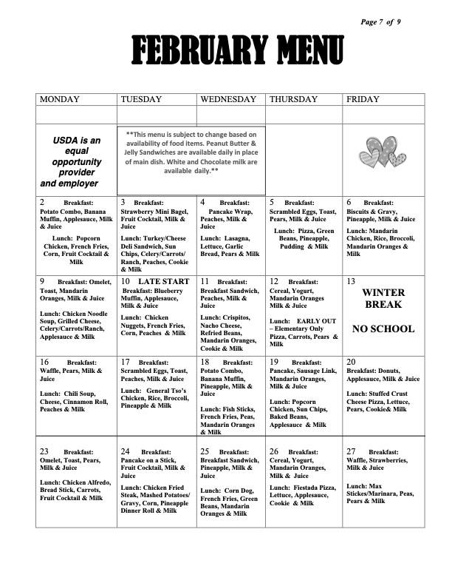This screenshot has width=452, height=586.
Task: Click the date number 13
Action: tap(351, 282)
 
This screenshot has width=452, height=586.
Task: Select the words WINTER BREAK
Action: tap(383, 299)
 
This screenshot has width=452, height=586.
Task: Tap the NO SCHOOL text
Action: tap(383, 328)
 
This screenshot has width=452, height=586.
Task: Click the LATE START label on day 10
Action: tap(164, 282)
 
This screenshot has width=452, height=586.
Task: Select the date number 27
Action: tap(352, 451)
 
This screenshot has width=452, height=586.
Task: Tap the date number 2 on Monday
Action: tap(42, 202)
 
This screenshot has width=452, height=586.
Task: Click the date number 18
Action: tap(205, 362)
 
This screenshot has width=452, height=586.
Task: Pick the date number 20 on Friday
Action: tap(352, 362)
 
